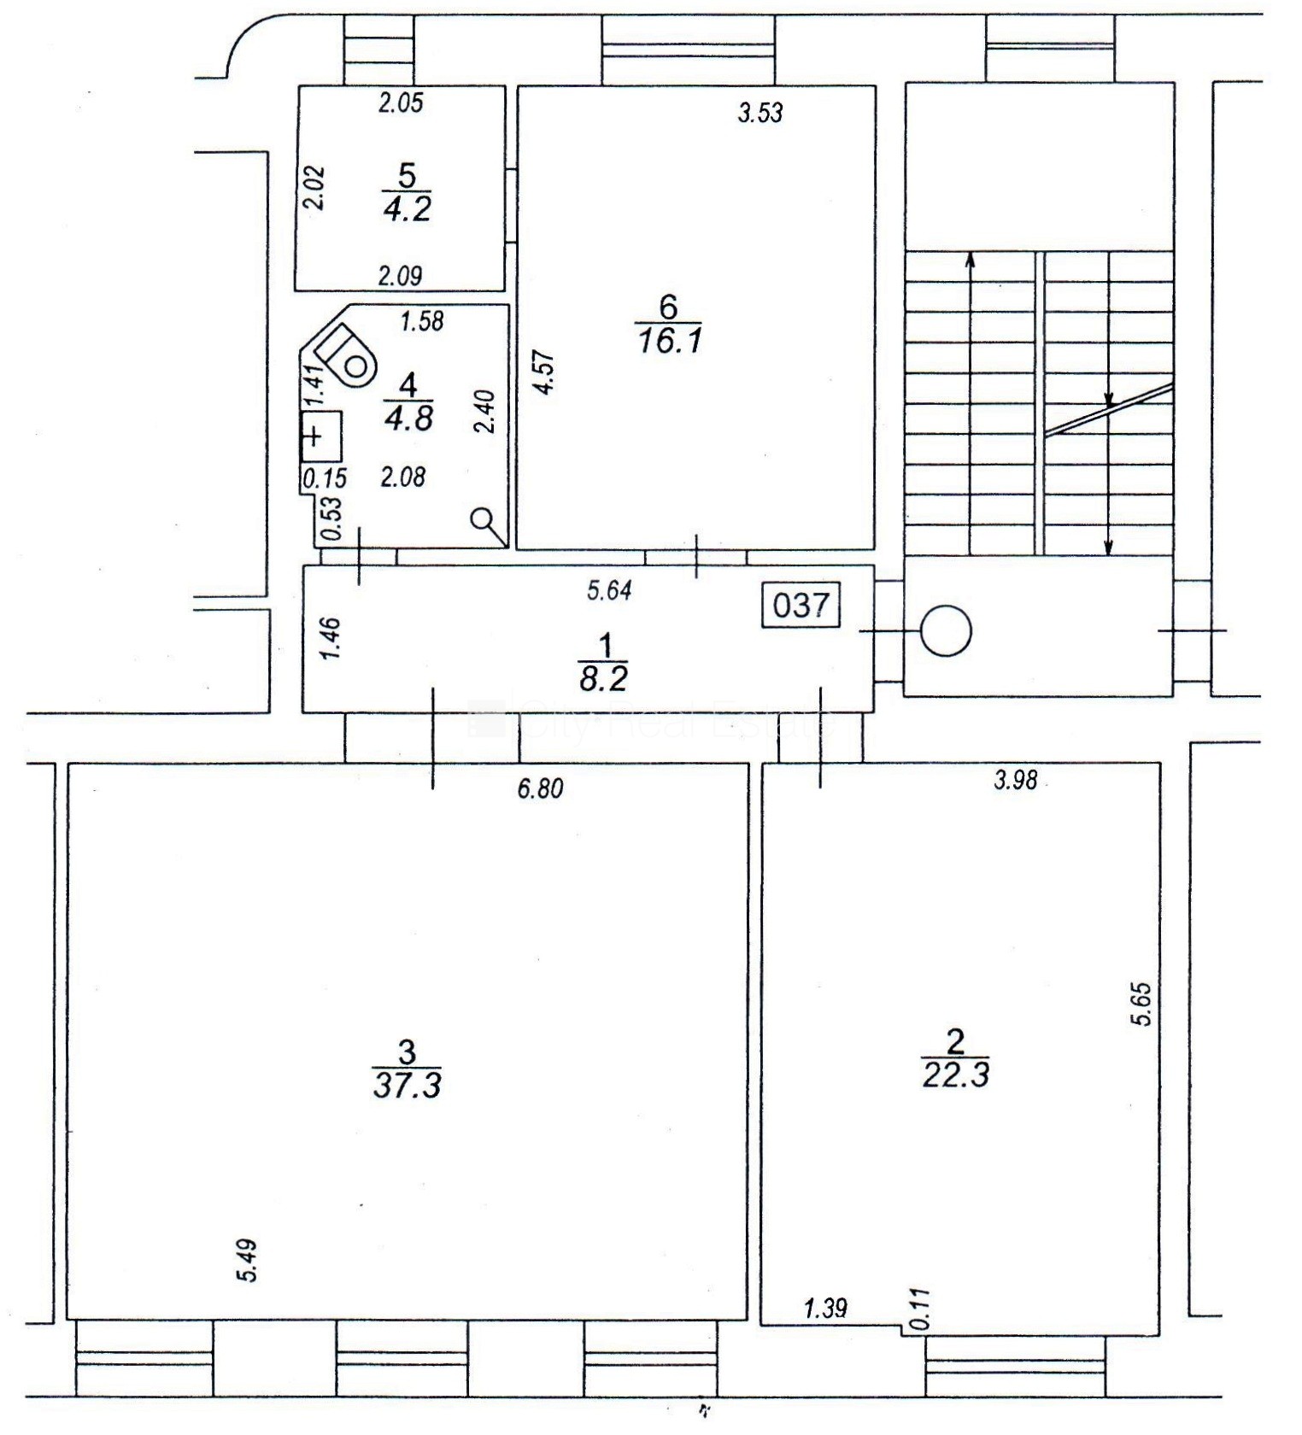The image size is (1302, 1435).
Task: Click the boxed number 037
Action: click(x=801, y=606)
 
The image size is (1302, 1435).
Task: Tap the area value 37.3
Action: click(x=408, y=1085)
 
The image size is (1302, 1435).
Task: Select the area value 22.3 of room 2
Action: click(x=956, y=1074)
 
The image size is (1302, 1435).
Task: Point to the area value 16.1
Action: click(x=669, y=341)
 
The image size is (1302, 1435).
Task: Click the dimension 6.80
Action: click(x=541, y=788)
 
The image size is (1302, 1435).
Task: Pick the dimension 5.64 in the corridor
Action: click(x=609, y=590)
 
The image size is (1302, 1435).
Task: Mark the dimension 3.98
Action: click(x=1016, y=780)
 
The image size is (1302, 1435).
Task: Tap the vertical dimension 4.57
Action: click(x=544, y=372)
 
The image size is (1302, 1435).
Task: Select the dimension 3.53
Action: click(x=760, y=112)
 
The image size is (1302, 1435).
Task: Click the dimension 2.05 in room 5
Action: click(x=401, y=103)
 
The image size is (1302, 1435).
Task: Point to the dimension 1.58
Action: click(x=422, y=321)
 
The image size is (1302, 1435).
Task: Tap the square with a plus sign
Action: click(x=321, y=437)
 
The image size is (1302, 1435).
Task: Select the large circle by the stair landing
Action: click(x=946, y=631)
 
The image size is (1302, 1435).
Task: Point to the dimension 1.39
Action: click(x=825, y=1307)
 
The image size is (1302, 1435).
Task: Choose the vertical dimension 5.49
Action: click(x=248, y=1261)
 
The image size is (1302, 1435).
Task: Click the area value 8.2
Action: click(x=604, y=679)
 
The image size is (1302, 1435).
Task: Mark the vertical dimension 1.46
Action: click(x=330, y=638)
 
